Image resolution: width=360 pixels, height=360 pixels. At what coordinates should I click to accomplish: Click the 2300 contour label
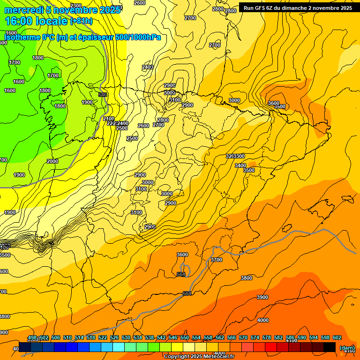click(62, 6)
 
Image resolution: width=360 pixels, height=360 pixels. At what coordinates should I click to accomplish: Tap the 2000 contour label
click(52, 161)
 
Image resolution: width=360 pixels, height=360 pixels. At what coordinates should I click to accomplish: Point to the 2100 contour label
click(109, 119)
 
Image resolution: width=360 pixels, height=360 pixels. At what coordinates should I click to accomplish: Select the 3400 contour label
click(240, 165)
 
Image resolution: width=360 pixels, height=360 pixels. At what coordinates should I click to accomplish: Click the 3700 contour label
click(217, 260)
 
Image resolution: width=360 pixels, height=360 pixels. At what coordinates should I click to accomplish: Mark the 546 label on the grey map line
click(103, 95)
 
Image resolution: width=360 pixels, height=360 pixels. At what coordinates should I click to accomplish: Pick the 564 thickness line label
click(187, 293)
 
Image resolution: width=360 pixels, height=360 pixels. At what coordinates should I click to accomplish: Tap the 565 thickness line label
click(181, 274)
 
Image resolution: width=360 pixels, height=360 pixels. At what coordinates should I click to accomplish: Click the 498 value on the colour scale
click(32, 337)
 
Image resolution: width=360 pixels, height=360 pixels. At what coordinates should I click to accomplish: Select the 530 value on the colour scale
click(126, 337)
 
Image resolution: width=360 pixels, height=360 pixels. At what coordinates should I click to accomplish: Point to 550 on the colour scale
click(185, 337)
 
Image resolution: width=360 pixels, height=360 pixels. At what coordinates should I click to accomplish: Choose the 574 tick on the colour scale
click(255, 337)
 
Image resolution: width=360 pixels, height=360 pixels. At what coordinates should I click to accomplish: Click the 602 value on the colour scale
click(337, 337)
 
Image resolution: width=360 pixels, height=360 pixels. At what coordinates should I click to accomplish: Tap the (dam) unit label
click(347, 348)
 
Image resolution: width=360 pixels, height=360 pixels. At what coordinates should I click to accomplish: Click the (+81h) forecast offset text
click(82, 21)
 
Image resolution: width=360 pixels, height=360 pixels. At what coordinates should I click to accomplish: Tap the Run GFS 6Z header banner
click(298, 7)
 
